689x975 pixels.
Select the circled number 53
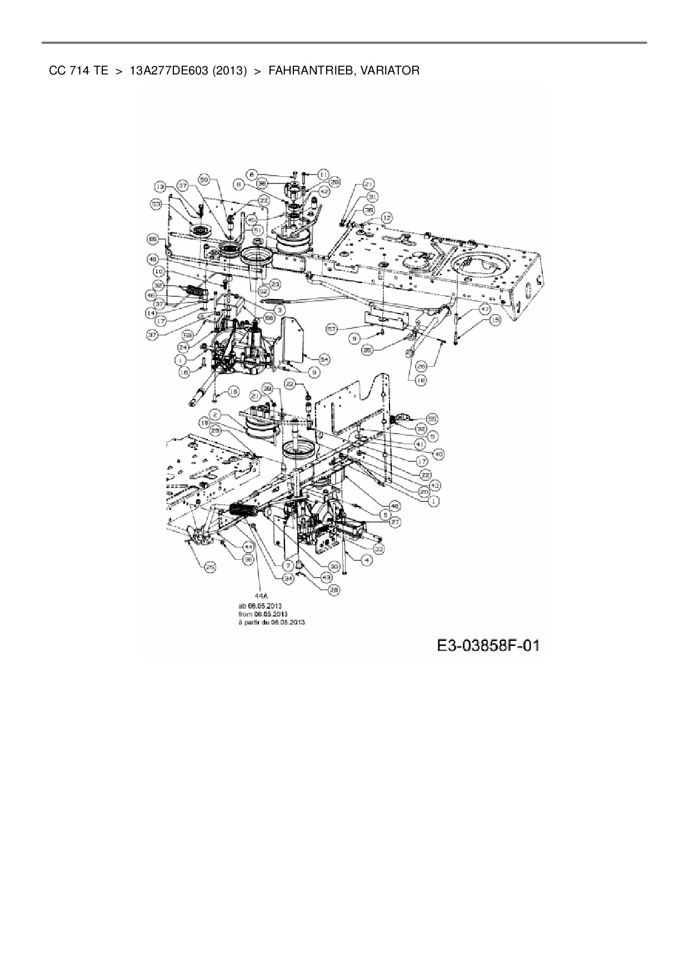pos(156,205)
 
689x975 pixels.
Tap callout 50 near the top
pos(204,180)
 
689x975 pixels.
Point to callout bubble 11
pos(323,174)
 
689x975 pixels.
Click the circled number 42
pos(324,191)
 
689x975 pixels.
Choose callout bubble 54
pos(324,360)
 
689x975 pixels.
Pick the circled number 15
pos(494,320)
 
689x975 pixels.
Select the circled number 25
pos(211,567)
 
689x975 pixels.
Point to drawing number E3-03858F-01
pos(488,645)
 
